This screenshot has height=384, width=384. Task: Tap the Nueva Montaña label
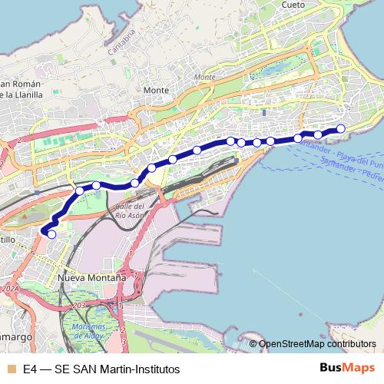pyautogui.click(x=92, y=276)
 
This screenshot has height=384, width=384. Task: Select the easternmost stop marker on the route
pyautogui.click(x=341, y=128)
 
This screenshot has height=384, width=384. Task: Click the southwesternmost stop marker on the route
pyautogui.click(x=51, y=234)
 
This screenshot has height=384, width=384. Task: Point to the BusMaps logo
pyautogui.click(x=348, y=369)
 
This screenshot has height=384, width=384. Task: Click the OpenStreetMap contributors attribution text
pyautogui.click(x=316, y=344)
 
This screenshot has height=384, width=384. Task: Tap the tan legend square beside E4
pyautogui.click(x=10, y=369)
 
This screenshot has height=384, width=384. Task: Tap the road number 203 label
pyautogui.click(x=77, y=305)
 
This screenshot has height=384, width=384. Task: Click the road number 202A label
pyautogui.click(x=11, y=290)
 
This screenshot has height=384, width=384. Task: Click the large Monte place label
pyautogui.click(x=156, y=90)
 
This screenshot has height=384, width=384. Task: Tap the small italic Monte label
pyautogui.click(x=205, y=78)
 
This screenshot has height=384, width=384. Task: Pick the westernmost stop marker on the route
pyautogui.click(x=51, y=234)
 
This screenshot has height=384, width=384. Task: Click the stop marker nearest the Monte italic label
pyautogui.click(x=197, y=150)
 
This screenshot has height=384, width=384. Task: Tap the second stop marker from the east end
pyautogui.click(x=318, y=135)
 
